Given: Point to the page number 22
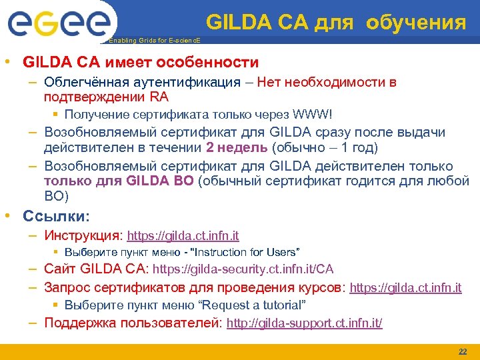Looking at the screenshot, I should (x=463, y=351).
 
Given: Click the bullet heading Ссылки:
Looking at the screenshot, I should (x=56, y=216).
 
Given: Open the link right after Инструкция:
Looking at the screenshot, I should (x=183, y=236).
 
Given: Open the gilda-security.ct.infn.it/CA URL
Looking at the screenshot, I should (x=243, y=270).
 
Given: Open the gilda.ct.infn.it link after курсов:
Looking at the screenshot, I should (x=405, y=289).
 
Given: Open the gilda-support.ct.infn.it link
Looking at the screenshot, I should (x=305, y=323).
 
